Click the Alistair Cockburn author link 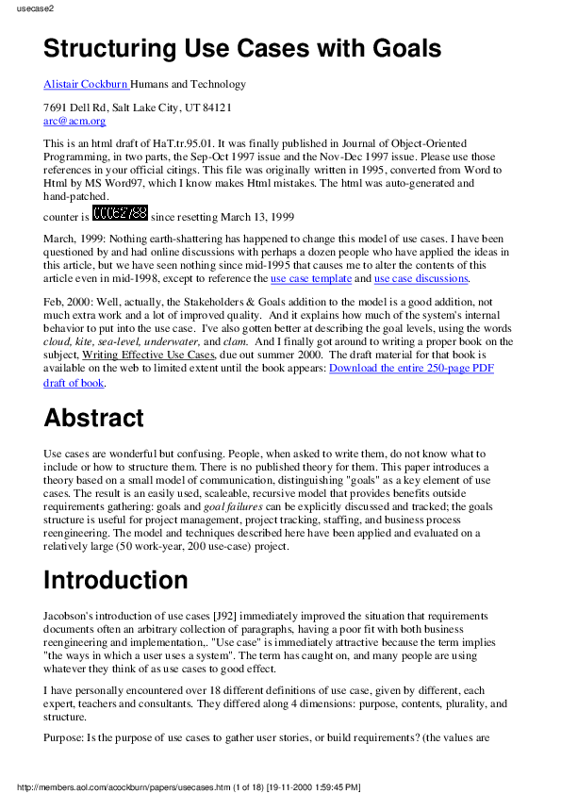click(x=86, y=84)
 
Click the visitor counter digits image click(x=121, y=213)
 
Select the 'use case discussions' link click(x=421, y=278)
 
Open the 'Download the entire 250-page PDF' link click(x=411, y=368)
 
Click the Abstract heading click(x=93, y=418)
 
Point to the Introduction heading click(x=116, y=579)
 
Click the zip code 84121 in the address click(x=214, y=108)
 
